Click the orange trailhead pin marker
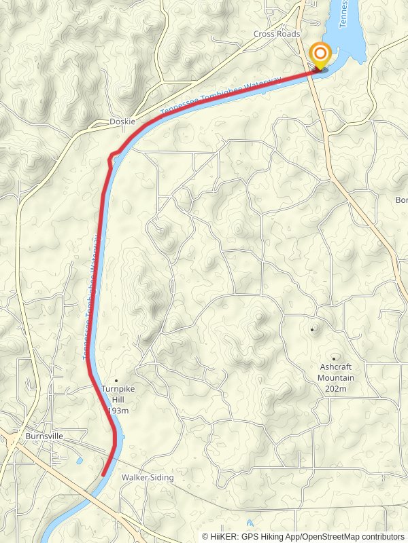(320, 55)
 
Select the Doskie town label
(122, 121)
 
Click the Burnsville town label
(44, 436)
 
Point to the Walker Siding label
(147, 478)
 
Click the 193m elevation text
(118, 411)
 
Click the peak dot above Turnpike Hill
(116, 380)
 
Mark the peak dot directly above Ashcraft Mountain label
(335, 358)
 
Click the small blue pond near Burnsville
(80, 461)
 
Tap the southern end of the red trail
(103, 474)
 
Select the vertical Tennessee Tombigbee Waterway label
(91, 299)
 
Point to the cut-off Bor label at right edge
(401, 200)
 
